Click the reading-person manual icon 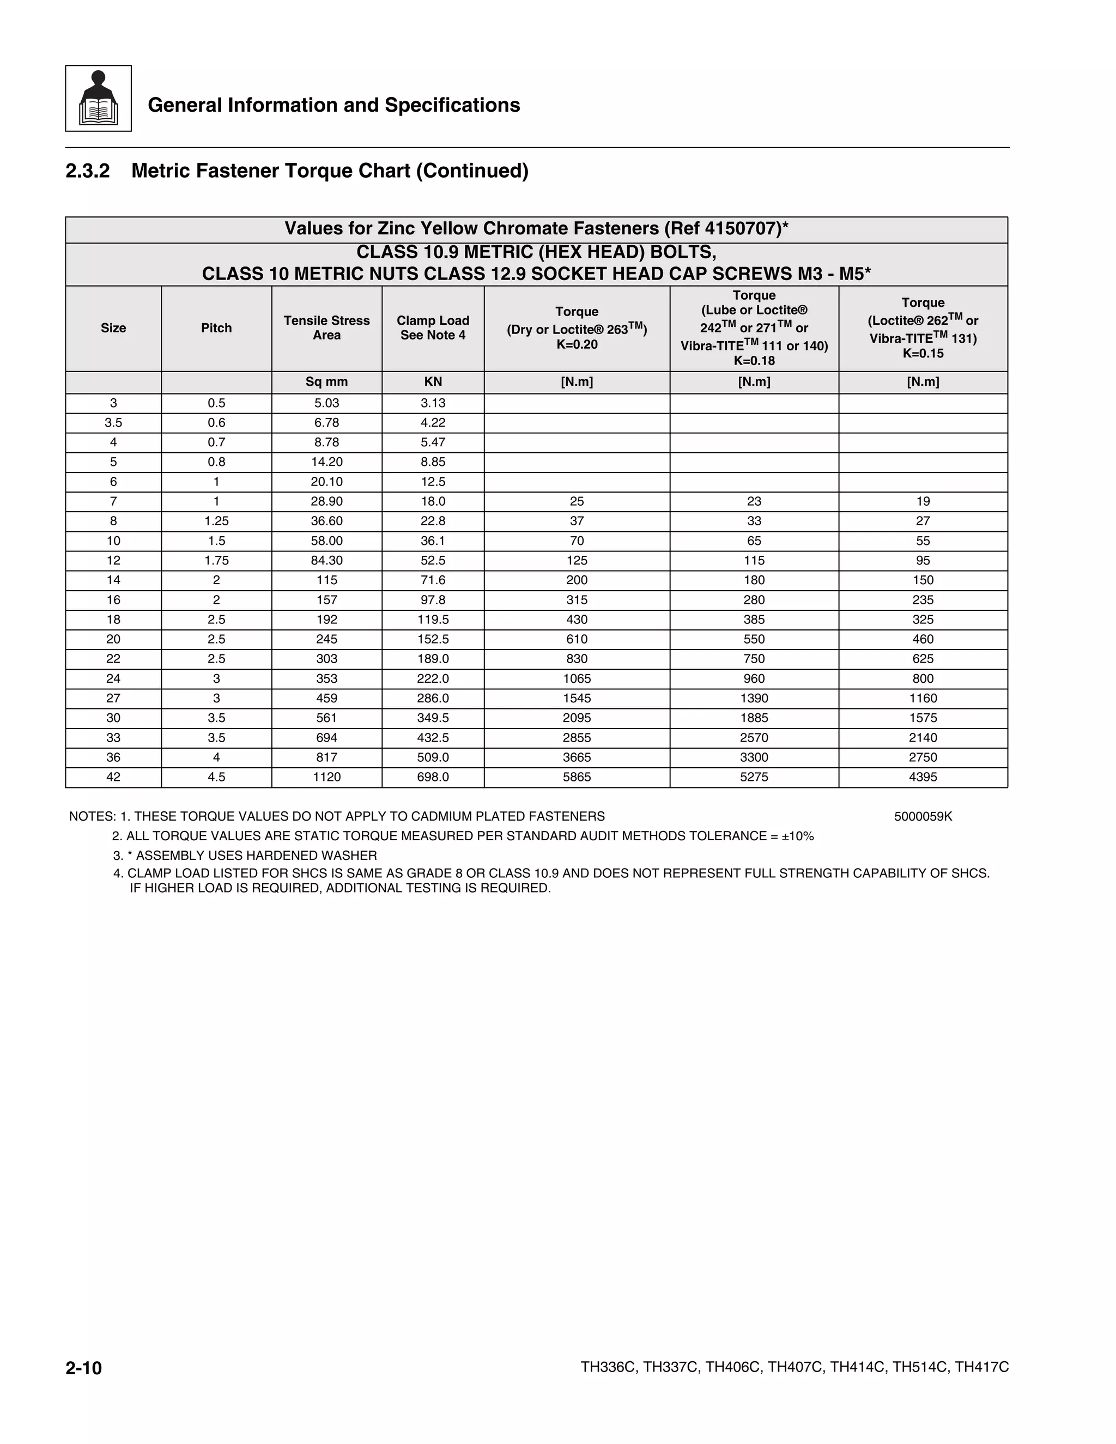click(x=98, y=99)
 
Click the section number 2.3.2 click(x=87, y=171)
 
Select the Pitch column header click(x=216, y=328)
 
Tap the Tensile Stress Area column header click(x=326, y=328)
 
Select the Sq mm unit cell click(x=326, y=381)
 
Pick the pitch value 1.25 click(x=216, y=521)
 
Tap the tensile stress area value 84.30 click(x=326, y=561)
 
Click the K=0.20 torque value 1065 click(x=577, y=678)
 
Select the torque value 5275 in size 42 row click(x=754, y=777)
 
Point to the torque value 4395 click(x=923, y=777)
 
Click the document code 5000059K click(x=923, y=817)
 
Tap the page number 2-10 click(x=83, y=1368)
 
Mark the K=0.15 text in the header click(x=923, y=354)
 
